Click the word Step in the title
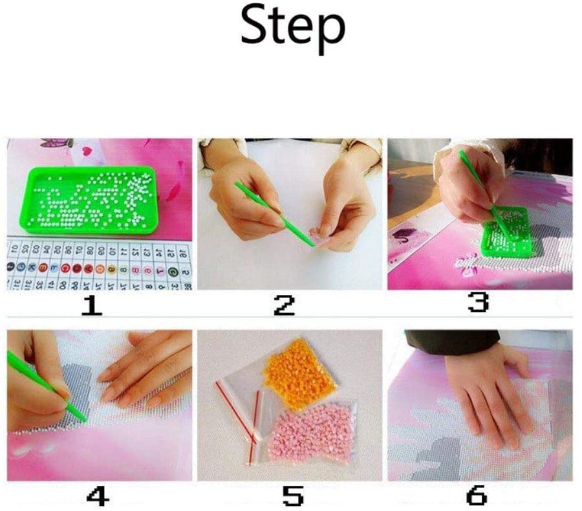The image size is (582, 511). [x=292, y=27]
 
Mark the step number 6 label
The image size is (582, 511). [x=477, y=495]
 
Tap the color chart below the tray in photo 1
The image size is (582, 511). [x=97, y=265]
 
